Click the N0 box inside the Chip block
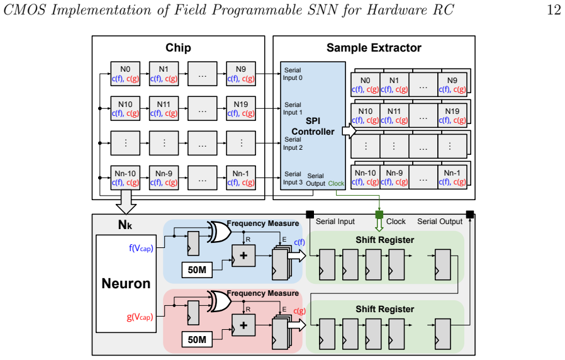(x=125, y=74)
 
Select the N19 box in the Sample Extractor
(x=452, y=115)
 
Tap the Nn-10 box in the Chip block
(x=125, y=177)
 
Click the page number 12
(x=554, y=9)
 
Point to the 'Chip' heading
(x=178, y=48)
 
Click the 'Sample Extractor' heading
(x=374, y=48)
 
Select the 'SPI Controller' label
(x=313, y=126)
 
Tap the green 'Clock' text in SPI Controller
(x=336, y=183)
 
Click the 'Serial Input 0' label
(x=293, y=74)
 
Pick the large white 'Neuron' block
(x=126, y=284)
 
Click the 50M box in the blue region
(x=197, y=270)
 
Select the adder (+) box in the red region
(x=243, y=325)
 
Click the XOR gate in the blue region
(x=220, y=232)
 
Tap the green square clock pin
(x=379, y=215)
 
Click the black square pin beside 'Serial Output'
(x=470, y=215)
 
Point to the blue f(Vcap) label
(x=141, y=249)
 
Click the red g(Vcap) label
(x=140, y=317)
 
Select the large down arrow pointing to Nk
(x=126, y=202)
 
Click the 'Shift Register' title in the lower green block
(x=385, y=309)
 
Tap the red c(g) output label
(x=299, y=311)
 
